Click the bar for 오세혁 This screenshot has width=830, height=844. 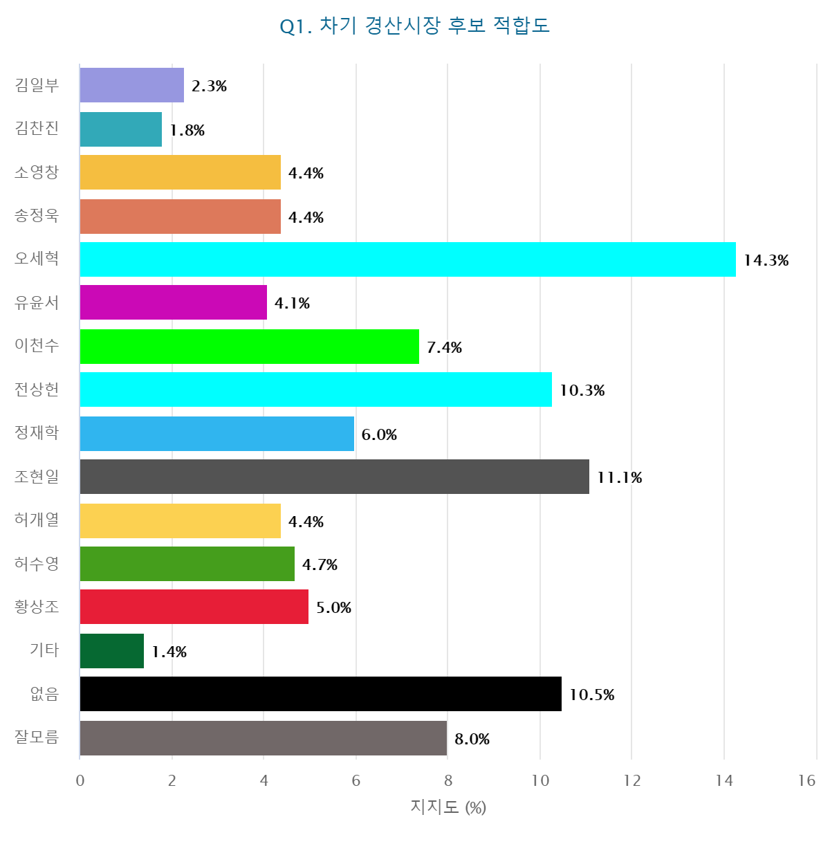point(407,259)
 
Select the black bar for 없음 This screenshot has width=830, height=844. point(320,694)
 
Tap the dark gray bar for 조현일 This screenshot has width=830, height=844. point(334,477)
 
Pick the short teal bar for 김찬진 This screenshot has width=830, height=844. point(120,129)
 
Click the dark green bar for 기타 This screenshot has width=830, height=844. point(111,651)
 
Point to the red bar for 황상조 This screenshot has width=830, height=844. point(194,607)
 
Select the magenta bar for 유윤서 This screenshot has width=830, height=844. point(173,302)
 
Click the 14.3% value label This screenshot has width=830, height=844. point(766,260)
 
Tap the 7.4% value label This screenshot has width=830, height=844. point(444,347)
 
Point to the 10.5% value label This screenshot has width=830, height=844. point(591,695)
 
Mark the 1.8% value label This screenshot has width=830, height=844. point(187,130)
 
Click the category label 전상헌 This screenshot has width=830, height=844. point(37,389)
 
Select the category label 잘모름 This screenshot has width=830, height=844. point(37,737)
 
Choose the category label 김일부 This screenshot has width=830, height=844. point(37,85)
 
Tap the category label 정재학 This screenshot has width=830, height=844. point(37,433)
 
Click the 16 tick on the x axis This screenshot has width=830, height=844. point(806,780)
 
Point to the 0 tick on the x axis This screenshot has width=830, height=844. point(80,780)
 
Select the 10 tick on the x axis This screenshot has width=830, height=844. point(540,780)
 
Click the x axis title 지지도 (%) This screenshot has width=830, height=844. point(448,807)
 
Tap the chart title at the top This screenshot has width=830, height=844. point(414,26)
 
